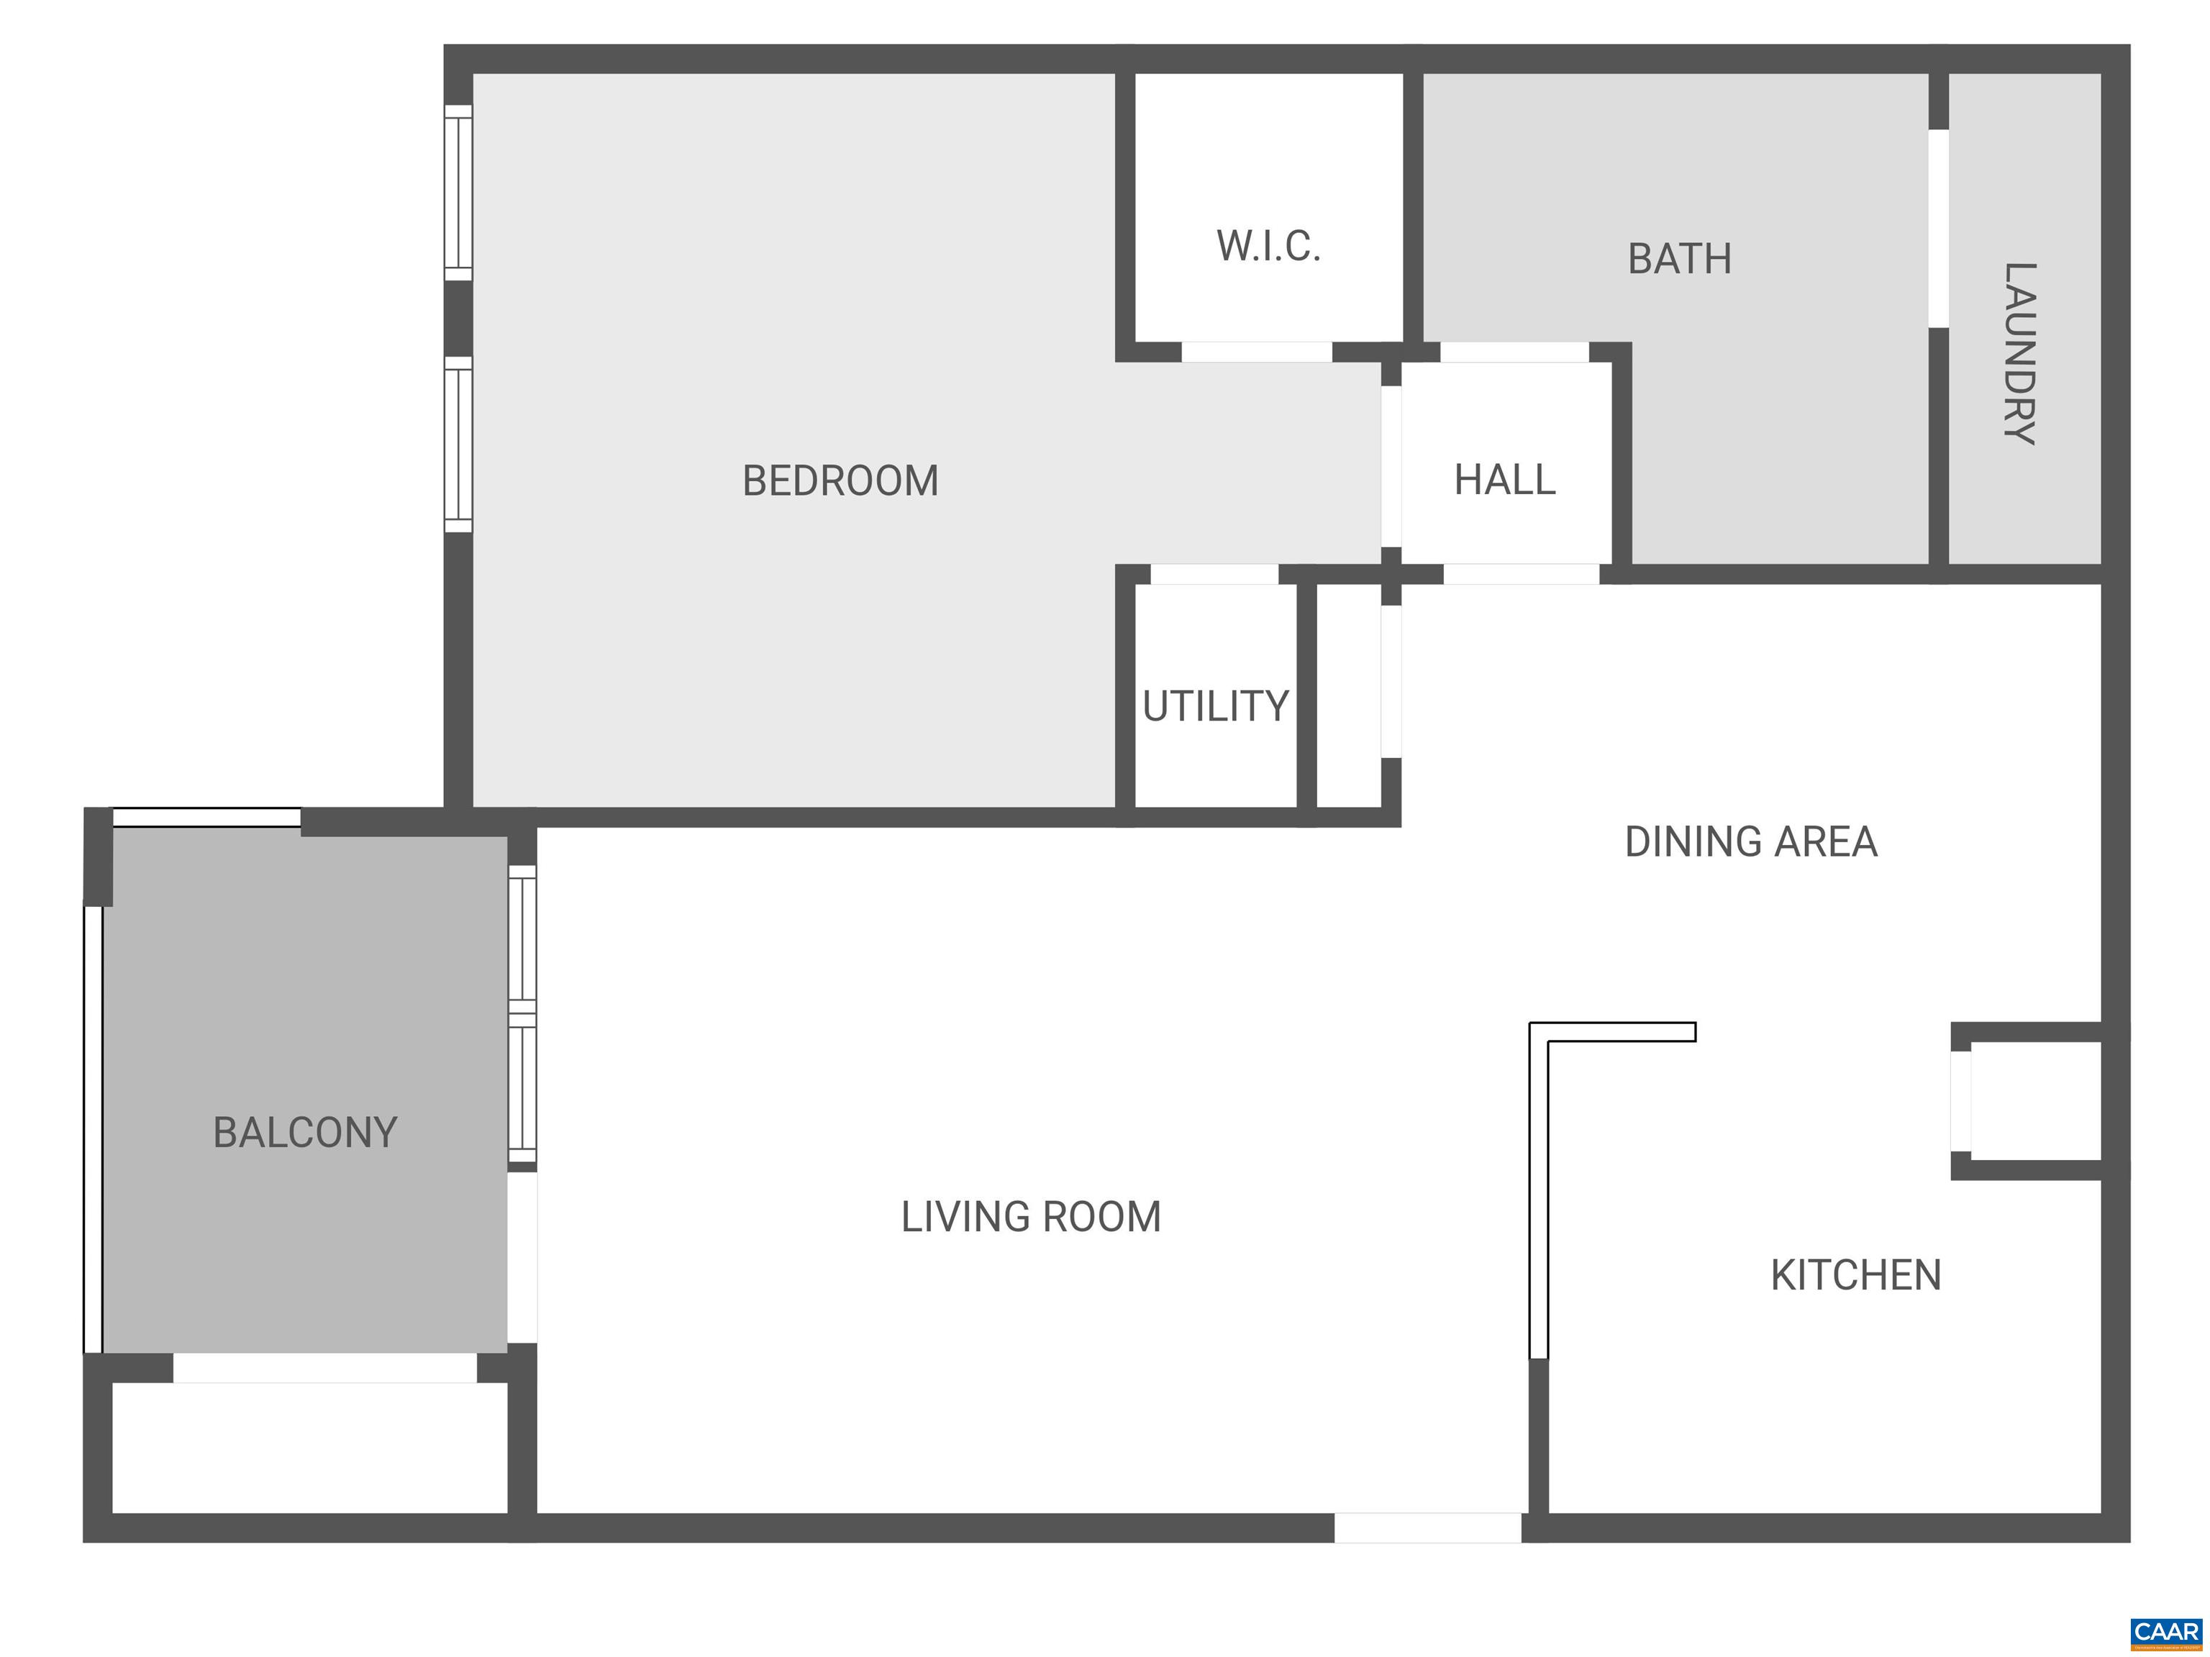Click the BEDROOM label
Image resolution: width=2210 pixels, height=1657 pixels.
840,480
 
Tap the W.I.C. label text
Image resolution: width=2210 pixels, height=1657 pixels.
1268,246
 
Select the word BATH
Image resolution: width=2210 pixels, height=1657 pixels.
1680,259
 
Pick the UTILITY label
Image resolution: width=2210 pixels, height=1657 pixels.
1215,706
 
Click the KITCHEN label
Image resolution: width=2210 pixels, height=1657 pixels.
1855,1275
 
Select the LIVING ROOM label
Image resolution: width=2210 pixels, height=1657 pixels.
1031,1217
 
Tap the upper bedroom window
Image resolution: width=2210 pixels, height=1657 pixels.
458,193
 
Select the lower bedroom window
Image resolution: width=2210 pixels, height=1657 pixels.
458,444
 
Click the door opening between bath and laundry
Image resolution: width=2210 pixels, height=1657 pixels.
1938,228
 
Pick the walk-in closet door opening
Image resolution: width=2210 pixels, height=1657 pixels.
1257,352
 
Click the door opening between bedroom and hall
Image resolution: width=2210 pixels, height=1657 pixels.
1391,467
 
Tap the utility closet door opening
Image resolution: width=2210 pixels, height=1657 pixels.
1214,575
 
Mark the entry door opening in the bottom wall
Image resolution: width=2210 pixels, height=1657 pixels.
1428,1527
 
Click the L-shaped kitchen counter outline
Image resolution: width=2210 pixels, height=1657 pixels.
1540,1189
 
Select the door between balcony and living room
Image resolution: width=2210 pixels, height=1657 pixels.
522,1256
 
